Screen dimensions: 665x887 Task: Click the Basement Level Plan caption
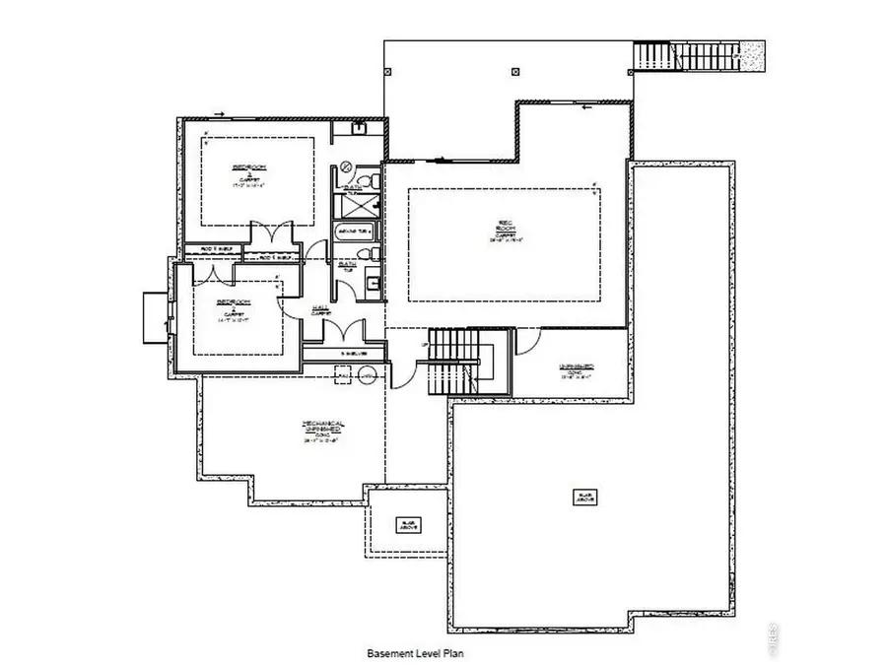pyautogui.click(x=415, y=652)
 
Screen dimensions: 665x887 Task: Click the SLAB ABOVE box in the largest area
pyautogui.click(x=585, y=497)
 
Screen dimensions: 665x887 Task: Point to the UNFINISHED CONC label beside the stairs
pyautogui.click(x=576, y=370)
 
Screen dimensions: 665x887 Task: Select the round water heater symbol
pyautogui.click(x=366, y=373)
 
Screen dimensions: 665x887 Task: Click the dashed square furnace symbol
pyautogui.click(x=343, y=373)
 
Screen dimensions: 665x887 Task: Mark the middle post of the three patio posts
pyautogui.click(x=514, y=71)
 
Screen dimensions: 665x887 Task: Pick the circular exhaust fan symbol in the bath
pyautogui.click(x=346, y=166)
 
